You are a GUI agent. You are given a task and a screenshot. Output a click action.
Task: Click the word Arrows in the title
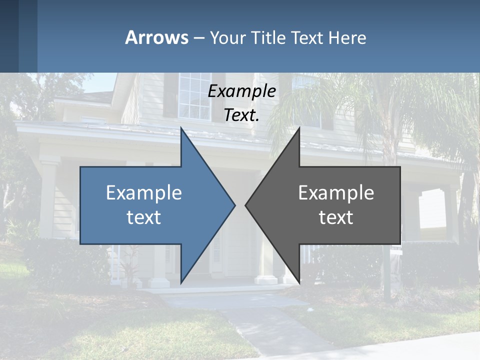[156, 37]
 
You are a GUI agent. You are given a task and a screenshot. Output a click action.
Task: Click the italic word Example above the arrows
[241, 91]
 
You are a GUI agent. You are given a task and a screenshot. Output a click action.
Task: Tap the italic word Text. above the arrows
[241, 115]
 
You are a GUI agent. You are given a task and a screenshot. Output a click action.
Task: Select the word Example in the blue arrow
[144, 192]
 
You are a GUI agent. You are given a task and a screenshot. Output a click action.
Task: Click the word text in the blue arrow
[144, 217]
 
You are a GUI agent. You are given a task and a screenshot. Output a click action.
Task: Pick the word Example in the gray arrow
[336, 192]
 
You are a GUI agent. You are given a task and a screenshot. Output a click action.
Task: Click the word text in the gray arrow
[336, 217]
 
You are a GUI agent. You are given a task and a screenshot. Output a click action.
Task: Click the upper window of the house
[194, 95]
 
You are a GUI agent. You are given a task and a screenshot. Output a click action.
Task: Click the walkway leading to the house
[260, 320]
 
